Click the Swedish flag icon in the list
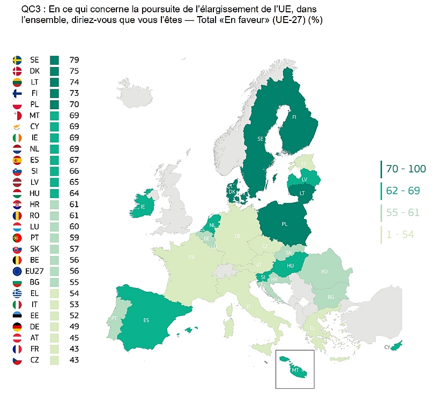pyautogui.click(x=17, y=59)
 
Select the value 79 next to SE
pyautogui.click(x=74, y=59)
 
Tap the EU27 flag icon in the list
pyautogui.click(x=17, y=271)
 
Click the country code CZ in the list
pyautogui.click(x=34, y=360)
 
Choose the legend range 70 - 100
pyautogui.click(x=405, y=169)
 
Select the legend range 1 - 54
pyautogui.click(x=399, y=234)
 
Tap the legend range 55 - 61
pyautogui.click(x=403, y=213)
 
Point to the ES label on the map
pyautogui.click(x=146, y=321)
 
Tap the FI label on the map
pyautogui.click(x=294, y=117)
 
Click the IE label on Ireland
pyautogui.click(x=142, y=207)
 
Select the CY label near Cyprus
pyautogui.click(x=388, y=348)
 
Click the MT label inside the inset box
pyautogui.click(x=294, y=370)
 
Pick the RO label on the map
pyautogui.click(x=324, y=271)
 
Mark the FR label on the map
pyautogui.click(x=191, y=258)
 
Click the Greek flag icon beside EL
pyautogui.click(x=17, y=293)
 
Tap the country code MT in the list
pyautogui.click(x=34, y=115)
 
